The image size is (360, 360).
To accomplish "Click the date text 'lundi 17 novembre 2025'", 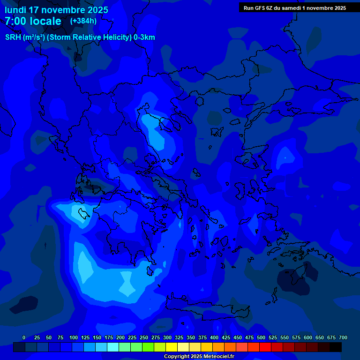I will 56,10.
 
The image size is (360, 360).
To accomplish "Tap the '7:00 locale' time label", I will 33,21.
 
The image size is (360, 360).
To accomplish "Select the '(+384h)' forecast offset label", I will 83,21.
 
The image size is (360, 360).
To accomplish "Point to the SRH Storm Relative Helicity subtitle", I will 80,37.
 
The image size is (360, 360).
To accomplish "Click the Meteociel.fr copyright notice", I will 199,357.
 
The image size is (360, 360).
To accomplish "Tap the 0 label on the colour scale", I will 24,338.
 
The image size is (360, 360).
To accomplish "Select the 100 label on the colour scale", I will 74,338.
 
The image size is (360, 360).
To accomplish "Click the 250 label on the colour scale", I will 144,338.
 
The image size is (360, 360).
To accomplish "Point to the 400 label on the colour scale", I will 214,338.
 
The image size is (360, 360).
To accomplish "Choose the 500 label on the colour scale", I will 261,338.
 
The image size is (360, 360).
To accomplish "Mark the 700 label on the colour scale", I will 343,338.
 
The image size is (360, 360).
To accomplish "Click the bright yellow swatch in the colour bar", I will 172,347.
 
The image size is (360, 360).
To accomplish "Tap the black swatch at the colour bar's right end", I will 336,347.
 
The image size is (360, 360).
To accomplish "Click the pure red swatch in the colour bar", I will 265,347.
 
